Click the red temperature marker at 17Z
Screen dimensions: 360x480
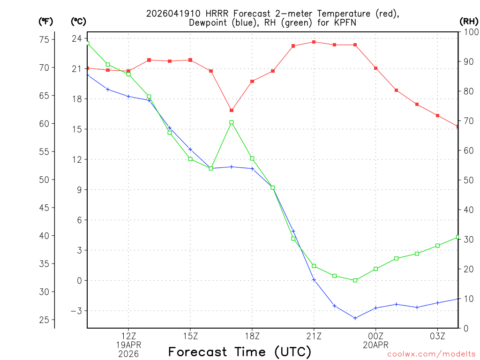(232, 110)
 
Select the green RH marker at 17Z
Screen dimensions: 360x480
(232, 122)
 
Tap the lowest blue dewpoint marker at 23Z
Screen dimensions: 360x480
(355, 318)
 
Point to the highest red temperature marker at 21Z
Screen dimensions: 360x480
(314, 42)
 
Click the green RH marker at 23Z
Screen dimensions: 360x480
(355, 280)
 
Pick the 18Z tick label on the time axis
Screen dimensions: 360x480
(252, 336)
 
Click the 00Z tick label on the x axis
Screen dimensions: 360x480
(376, 336)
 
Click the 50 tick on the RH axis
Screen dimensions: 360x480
(468, 180)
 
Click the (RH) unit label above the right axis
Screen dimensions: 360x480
(469, 21)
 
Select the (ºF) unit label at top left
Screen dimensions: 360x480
(46, 21)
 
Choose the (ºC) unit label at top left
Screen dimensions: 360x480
(78, 21)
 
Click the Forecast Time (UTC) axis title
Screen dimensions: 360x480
(240, 352)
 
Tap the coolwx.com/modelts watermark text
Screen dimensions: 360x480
(431, 354)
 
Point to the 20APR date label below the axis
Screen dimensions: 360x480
(376, 345)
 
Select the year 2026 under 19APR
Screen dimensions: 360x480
(128, 353)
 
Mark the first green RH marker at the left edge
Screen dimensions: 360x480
(88, 43)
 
